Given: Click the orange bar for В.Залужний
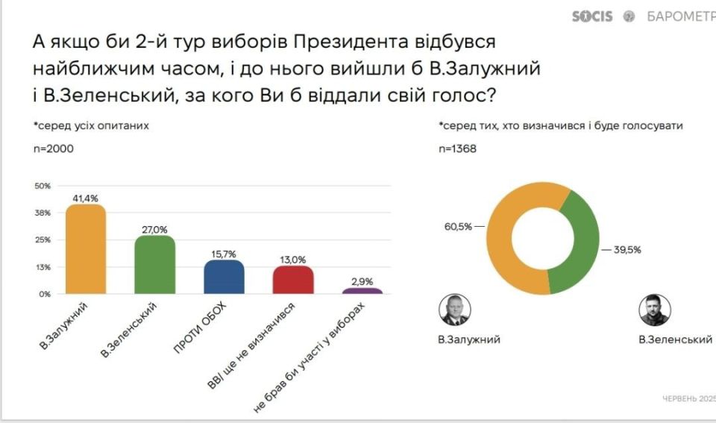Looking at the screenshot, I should (86, 249).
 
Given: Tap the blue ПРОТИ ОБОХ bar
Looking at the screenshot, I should (224, 277).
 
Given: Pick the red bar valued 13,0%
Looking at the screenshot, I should (292, 280).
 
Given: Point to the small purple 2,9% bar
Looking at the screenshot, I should (362, 291).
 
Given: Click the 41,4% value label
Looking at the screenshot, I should (86, 198).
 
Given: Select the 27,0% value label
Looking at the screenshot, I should (155, 230).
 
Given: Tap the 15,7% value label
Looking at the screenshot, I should (224, 254).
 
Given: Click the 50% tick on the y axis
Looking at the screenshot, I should (43, 186).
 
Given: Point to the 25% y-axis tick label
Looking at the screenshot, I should (43, 239).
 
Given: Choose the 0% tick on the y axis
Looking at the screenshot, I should (45, 294).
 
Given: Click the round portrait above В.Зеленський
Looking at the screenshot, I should (655, 310).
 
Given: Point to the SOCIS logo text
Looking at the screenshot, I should (592, 16).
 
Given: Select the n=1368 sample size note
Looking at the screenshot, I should (459, 148).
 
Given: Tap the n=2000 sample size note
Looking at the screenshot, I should (53, 148).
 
